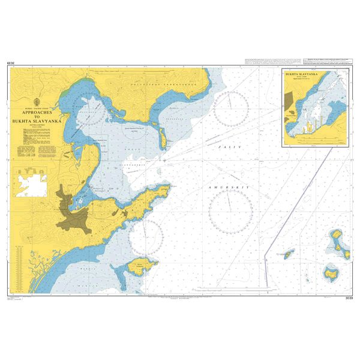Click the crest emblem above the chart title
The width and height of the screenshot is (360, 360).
tap(39, 101)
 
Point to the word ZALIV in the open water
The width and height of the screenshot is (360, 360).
tap(228, 146)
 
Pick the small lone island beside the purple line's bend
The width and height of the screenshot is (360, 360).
tap(289, 254)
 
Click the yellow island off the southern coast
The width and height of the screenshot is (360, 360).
tap(144, 264)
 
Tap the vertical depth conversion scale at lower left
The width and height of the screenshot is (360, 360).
tap(22, 264)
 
